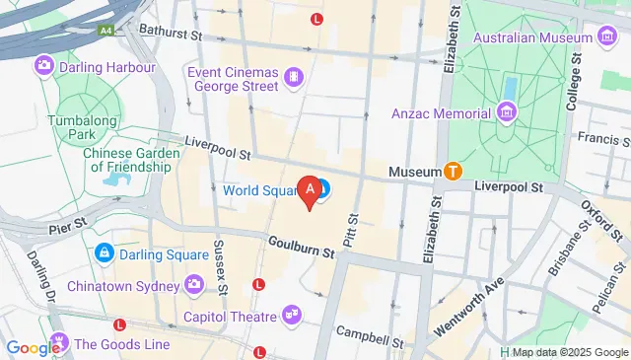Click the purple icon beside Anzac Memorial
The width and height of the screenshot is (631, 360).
[507, 111]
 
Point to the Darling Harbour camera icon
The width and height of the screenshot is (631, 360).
[43, 67]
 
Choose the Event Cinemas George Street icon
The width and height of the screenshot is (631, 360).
[293, 76]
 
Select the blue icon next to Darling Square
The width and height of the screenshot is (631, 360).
[103, 252]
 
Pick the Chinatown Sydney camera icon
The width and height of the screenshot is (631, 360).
[194, 285]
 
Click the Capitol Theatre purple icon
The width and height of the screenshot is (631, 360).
[291, 316]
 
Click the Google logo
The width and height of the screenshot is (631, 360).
[32, 347]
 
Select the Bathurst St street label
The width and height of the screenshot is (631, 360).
[170, 34]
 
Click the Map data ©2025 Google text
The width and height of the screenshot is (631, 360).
[569, 352]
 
